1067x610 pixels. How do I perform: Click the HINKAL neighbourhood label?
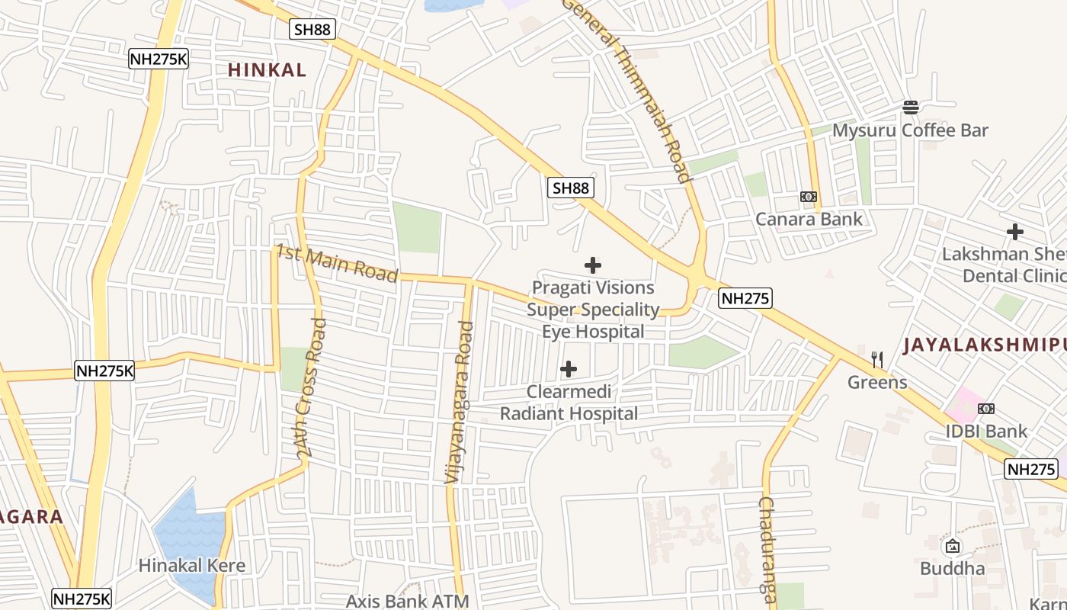pos(267,70)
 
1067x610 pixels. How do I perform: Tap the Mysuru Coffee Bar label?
pos(910,130)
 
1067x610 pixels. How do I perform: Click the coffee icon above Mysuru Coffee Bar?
pos(911,107)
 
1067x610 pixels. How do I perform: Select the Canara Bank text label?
pos(809,220)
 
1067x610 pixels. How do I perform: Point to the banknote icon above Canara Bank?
pos(809,197)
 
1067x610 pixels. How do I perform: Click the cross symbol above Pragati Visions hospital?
pos(593,265)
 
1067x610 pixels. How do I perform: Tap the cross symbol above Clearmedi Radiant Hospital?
pos(569,370)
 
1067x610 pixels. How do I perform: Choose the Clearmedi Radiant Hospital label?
pos(569,403)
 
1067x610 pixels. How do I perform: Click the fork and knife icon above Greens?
pos(877,359)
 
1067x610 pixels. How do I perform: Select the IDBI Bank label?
pos(986,432)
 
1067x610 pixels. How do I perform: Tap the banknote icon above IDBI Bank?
pos(986,409)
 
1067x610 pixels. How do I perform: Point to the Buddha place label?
pos(952,569)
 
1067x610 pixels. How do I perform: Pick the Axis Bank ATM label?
pos(408,601)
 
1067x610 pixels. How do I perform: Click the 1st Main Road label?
pos(336,263)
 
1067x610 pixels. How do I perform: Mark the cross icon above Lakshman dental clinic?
pos(1014,232)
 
